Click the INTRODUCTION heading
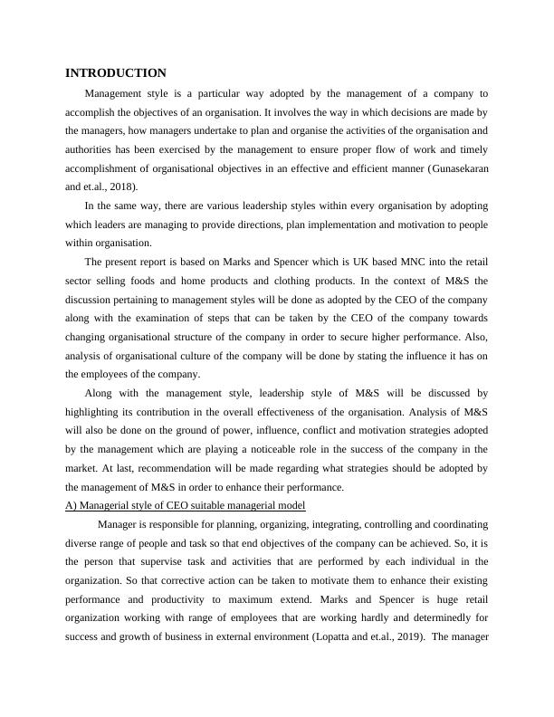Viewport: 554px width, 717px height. coord(116,73)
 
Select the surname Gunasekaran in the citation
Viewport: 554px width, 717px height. coord(449,168)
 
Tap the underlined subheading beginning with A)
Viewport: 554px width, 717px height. coord(186,504)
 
